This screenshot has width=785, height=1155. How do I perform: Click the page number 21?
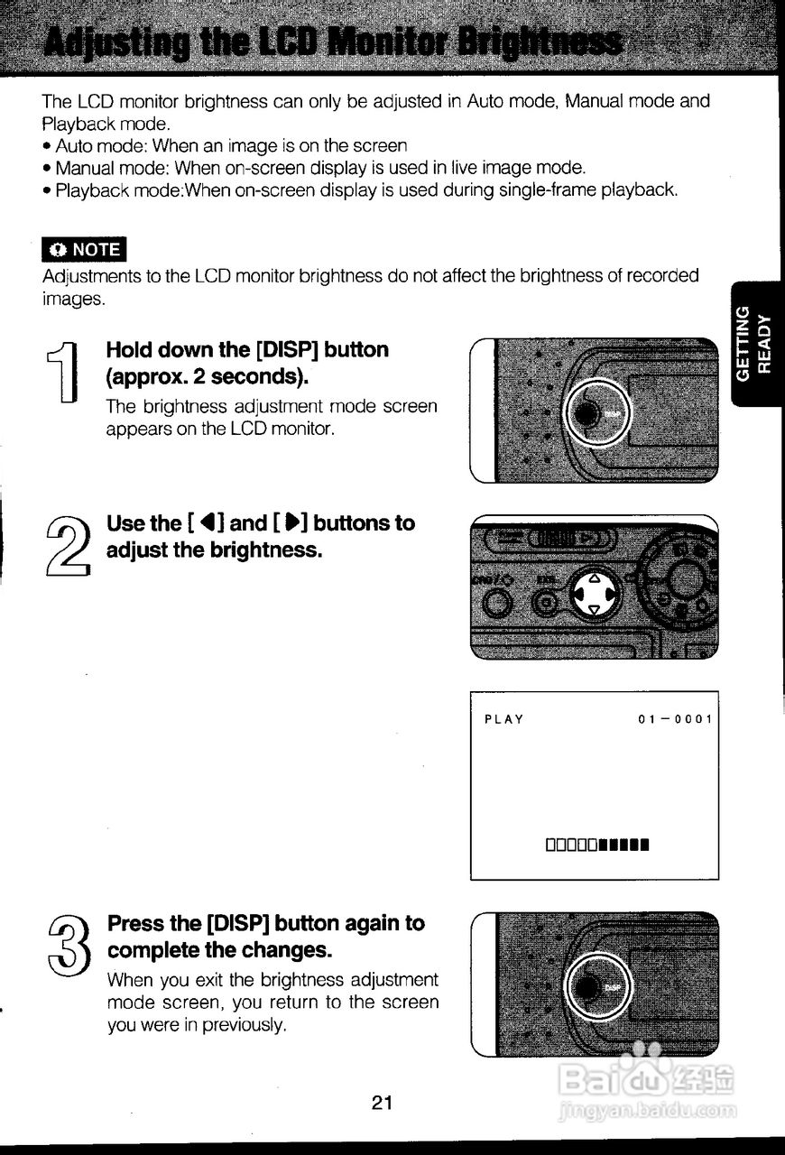tap(382, 1102)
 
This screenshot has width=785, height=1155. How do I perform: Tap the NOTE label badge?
tap(85, 249)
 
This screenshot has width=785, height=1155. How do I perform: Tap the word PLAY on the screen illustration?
tap(503, 719)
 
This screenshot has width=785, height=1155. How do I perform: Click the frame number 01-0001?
tap(675, 719)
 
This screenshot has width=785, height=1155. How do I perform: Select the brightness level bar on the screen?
tap(597, 845)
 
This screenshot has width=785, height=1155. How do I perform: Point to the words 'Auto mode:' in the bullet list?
tap(102, 145)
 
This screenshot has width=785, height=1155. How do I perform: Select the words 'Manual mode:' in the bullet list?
tap(113, 168)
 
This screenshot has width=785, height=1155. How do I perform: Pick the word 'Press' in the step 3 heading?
tap(137, 923)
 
